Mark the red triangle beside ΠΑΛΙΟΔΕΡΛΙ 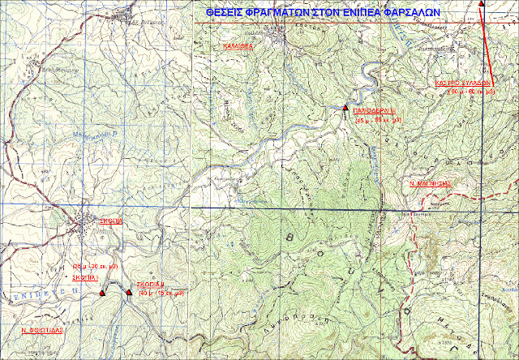pyautogui.click(x=345, y=108)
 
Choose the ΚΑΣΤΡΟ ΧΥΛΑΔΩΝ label pyautogui.click(x=463, y=83)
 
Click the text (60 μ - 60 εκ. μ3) pyautogui.click(x=466, y=92)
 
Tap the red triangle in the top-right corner pyautogui.click(x=482, y=4)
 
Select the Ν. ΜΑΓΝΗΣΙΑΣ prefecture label pyautogui.click(x=427, y=184)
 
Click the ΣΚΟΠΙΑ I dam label pyautogui.click(x=87, y=276)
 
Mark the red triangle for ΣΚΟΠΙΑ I pyautogui.click(x=101, y=292)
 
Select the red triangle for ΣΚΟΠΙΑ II pyautogui.click(x=129, y=292)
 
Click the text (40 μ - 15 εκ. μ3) pyautogui.click(x=164, y=294)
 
